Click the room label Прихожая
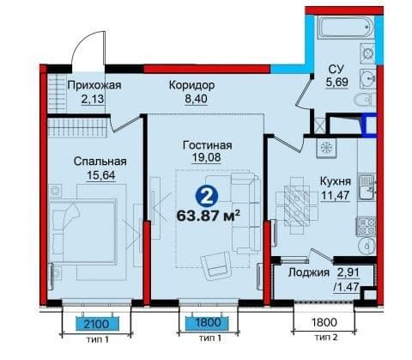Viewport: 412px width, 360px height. pyautogui.click(x=94, y=85)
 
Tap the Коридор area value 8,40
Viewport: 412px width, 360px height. pyautogui.click(x=196, y=99)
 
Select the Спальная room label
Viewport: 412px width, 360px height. pyautogui.click(x=100, y=162)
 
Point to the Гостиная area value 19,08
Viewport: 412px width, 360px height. pyautogui.click(x=206, y=158)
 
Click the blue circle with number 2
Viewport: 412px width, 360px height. pyautogui.click(x=207, y=196)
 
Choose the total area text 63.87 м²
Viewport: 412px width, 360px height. pyautogui.click(x=208, y=216)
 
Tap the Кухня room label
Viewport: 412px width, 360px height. pyautogui.click(x=336, y=181)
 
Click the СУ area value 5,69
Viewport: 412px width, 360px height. pyautogui.click(x=336, y=82)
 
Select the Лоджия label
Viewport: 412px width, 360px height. pyautogui.click(x=309, y=272)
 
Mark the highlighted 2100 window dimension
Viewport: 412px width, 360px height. pyautogui.click(x=97, y=324)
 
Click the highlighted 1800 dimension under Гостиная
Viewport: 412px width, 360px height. pyautogui.click(x=208, y=322)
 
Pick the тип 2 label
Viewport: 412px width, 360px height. pyautogui.click(x=326, y=338)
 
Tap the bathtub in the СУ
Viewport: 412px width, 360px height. pyautogui.click(x=346, y=27)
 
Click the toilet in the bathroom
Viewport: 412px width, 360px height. pyautogui.click(x=365, y=101)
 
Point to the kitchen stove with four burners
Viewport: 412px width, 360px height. pyautogui.click(x=367, y=227)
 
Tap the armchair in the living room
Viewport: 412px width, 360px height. pyautogui.click(x=216, y=265)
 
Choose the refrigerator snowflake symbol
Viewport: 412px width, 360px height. pyautogui.click(x=325, y=148)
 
